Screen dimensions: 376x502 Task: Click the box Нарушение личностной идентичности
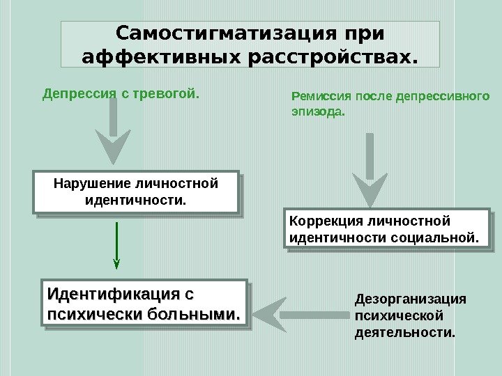tap(136, 191)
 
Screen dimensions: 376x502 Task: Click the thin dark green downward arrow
tap(116, 244)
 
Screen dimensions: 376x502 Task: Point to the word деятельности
tap(404, 333)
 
